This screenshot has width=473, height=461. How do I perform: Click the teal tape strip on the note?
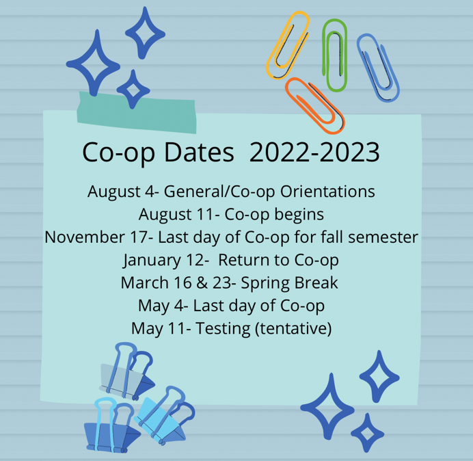click(136, 112)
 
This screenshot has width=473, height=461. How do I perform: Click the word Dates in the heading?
click(199, 152)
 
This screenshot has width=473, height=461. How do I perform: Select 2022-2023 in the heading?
click(314, 152)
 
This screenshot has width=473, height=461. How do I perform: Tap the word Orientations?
click(327, 192)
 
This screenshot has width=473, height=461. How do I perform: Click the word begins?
click(299, 215)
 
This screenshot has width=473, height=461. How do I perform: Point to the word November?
click(85, 237)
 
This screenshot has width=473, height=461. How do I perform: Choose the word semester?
click(383, 237)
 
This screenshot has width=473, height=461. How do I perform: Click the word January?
click(152, 261)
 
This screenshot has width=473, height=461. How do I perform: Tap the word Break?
click(316, 283)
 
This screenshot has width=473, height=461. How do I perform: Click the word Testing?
click(224, 329)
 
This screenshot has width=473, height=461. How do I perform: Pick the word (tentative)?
click(293, 328)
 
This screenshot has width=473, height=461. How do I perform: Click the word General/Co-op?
click(219, 192)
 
